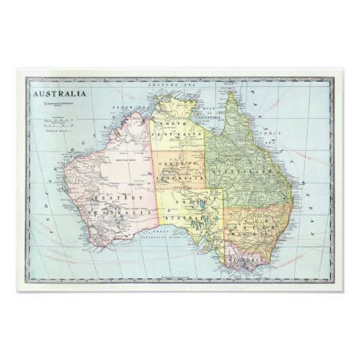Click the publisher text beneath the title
61,106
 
